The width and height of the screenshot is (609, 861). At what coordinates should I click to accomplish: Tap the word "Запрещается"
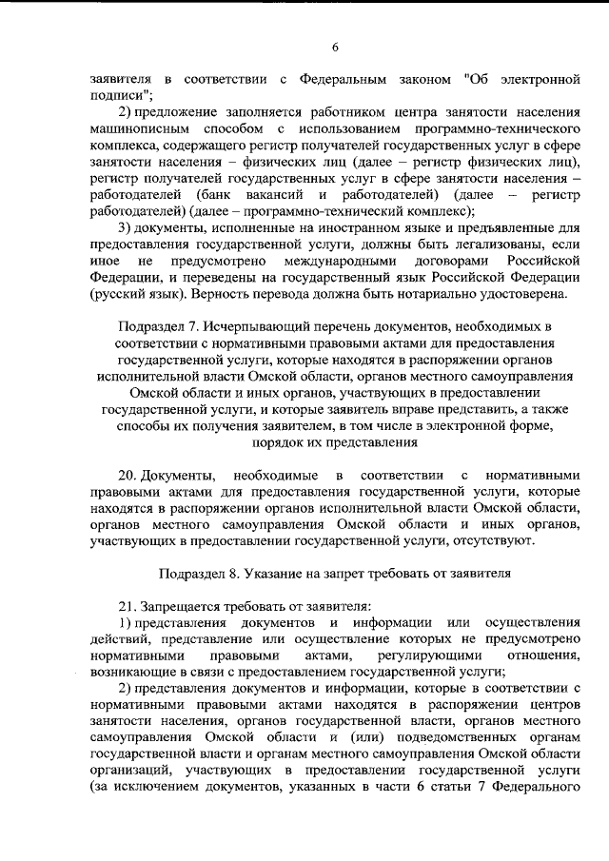tap(181, 606)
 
